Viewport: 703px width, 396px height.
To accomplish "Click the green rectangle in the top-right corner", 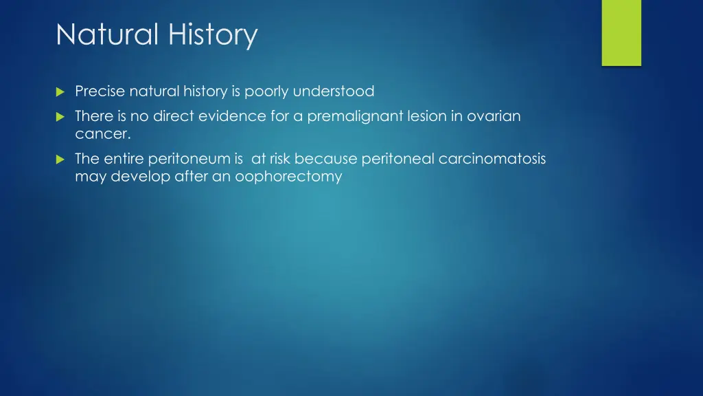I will point(621,33).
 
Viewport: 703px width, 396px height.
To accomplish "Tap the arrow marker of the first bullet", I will point(60,91).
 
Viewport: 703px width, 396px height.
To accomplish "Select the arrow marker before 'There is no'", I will point(60,117).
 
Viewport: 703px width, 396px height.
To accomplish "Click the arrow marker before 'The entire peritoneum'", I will point(60,159).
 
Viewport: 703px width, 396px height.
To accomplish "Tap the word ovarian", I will point(494,116).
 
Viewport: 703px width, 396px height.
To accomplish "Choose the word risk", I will point(280,159).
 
